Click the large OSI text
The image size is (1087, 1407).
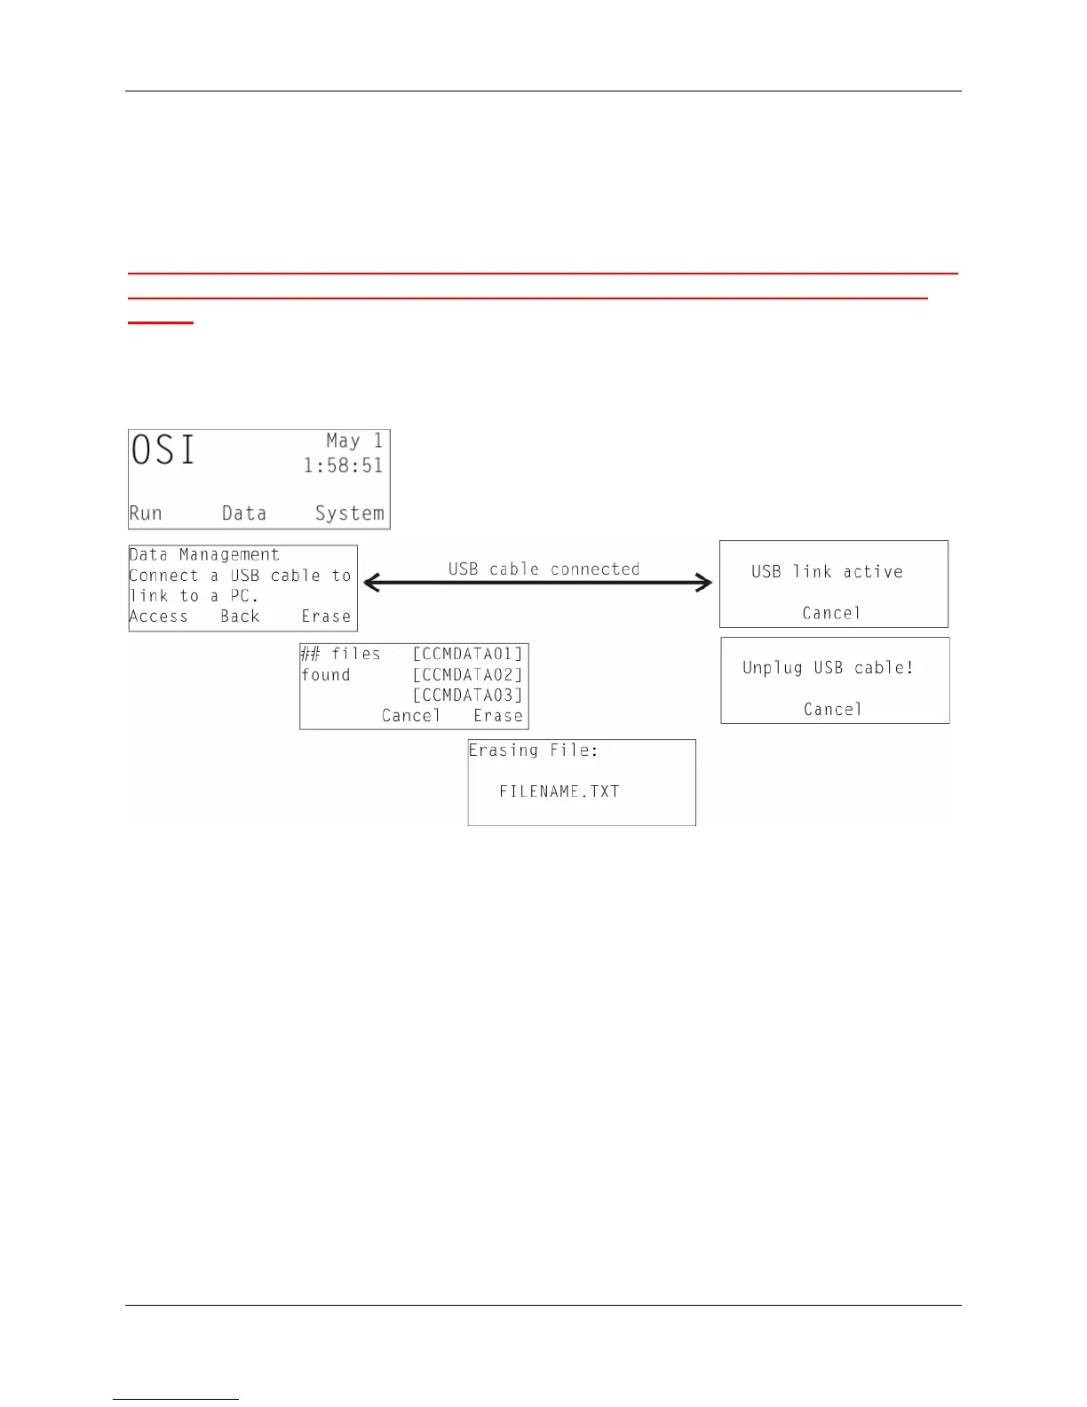pyautogui.click(x=163, y=450)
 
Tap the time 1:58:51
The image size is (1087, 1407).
pyautogui.click(x=343, y=465)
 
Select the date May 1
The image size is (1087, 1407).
pyautogui.click(x=354, y=441)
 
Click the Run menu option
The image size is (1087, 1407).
pyautogui.click(x=146, y=513)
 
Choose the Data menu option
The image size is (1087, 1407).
pyautogui.click(x=244, y=513)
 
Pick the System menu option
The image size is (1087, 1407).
pyautogui.click(x=350, y=513)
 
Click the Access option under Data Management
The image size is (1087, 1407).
pyautogui.click(x=159, y=616)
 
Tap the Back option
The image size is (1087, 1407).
pyautogui.click(x=240, y=616)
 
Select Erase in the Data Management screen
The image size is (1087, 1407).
pyautogui.click(x=326, y=616)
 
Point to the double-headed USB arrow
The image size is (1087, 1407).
pyautogui.click(x=538, y=584)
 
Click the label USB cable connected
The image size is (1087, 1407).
pyautogui.click(x=543, y=568)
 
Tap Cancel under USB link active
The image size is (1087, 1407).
pyautogui.click(x=831, y=613)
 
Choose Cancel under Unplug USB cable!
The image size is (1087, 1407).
pyautogui.click(x=833, y=709)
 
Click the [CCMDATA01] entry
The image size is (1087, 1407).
pyautogui.click(x=468, y=655)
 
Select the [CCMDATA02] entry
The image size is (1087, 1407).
pyautogui.click(x=468, y=675)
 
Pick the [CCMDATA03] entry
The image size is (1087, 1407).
pyautogui.click(x=468, y=696)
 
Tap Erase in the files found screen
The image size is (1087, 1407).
pyautogui.click(x=498, y=716)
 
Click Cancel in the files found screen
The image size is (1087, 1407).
pyautogui.click(x=411, y=716)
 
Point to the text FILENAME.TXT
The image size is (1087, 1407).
pyautogui.click(x=559, y=791)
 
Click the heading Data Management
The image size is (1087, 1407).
pyautogui.click(x=204, y=555)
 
